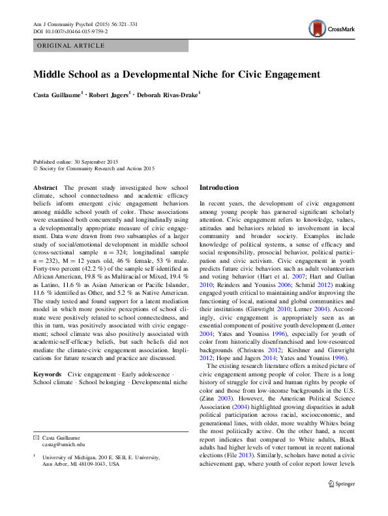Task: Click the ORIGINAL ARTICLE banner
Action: (72, 46)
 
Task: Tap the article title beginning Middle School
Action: (177, 74)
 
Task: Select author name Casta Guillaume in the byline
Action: (57, 95)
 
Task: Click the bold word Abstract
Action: (45, 187)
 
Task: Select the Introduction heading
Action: (219, 187)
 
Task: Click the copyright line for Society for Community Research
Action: (94, 169)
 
